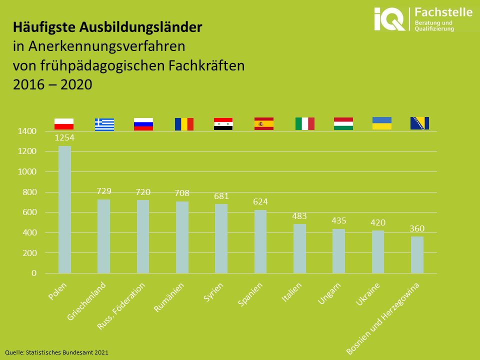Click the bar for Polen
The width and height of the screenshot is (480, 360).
point(64,209)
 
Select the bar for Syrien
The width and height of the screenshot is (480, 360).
point(221,238)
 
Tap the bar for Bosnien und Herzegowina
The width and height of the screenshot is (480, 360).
point(417,254)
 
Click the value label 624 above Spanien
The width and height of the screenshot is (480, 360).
point(260,202)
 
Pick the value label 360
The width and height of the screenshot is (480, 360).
point(416,228)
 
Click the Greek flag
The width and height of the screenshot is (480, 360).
point(104,124)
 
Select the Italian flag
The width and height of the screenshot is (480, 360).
point(304,123)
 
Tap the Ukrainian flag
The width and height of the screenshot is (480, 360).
point(382,123)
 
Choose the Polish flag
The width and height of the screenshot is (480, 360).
point(64,124)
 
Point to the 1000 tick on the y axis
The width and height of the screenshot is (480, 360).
point(27,172)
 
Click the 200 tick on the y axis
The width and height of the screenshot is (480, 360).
point(29,253)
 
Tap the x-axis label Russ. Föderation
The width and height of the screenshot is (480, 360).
point(121,306)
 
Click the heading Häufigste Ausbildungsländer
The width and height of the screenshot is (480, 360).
point(107,27)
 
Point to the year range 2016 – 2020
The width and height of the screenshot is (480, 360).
point(52,84)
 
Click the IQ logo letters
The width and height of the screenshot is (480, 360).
point(390,20)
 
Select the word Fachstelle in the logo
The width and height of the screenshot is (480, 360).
point(443,12)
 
